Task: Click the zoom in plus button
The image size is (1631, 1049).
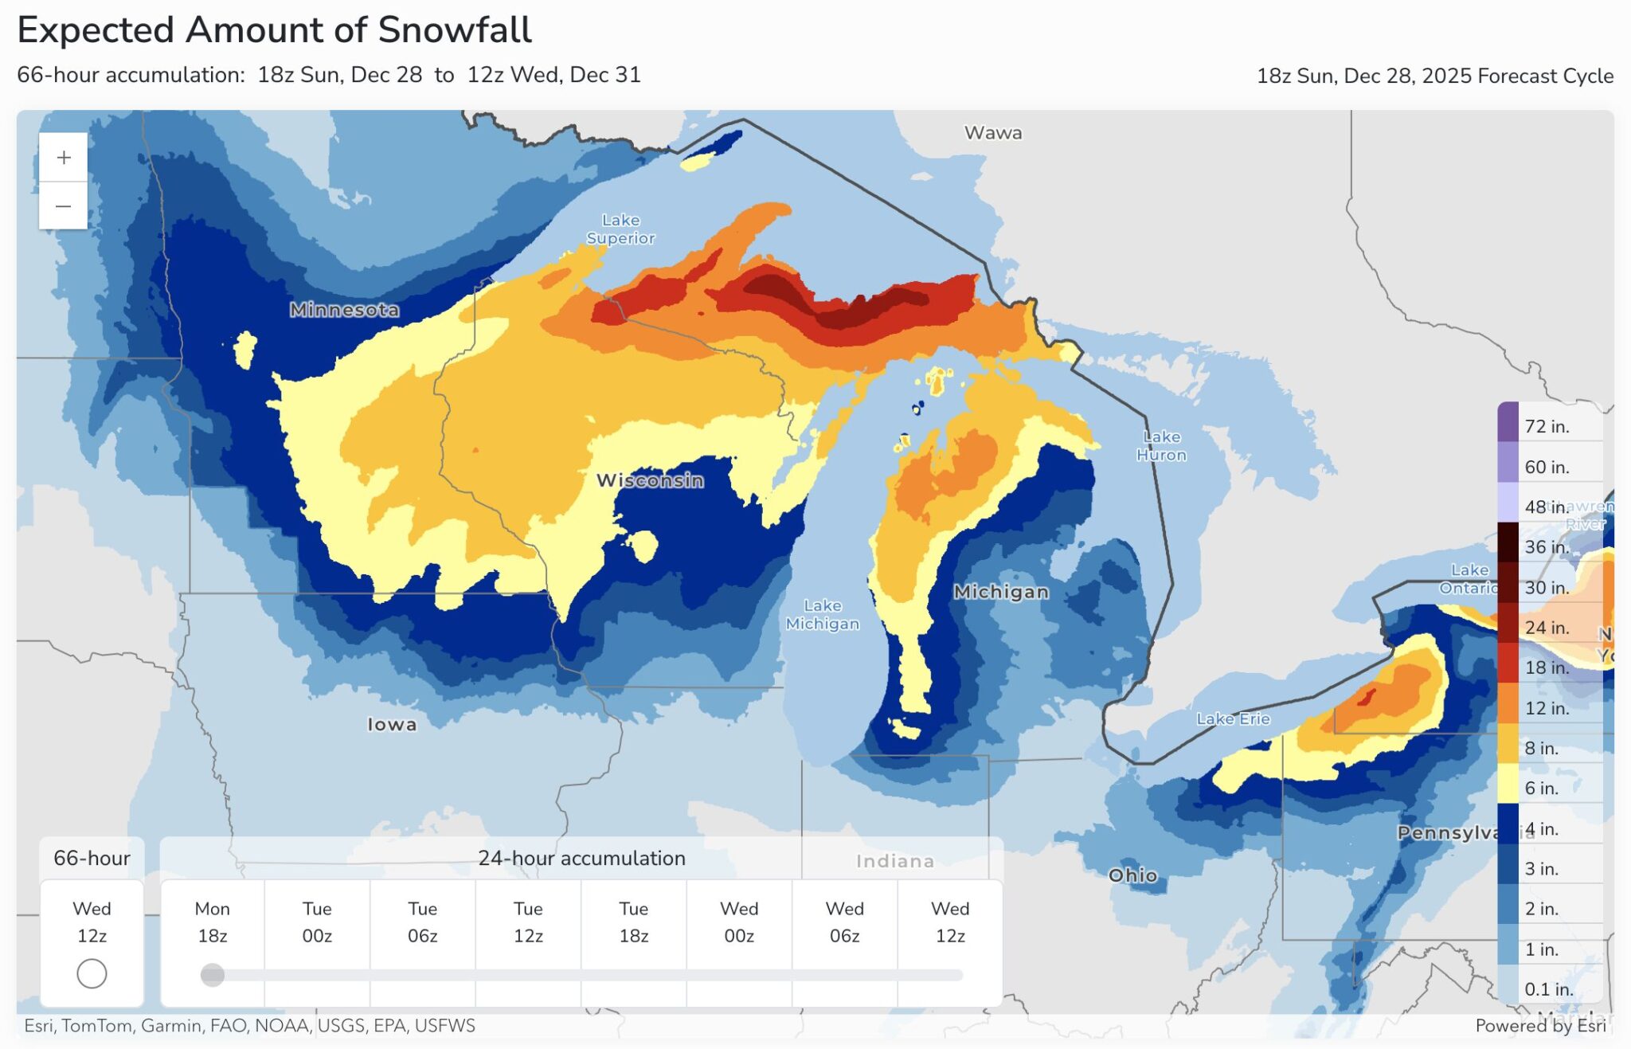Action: coord(64,158)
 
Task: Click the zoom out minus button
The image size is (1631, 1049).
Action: coord(64,206)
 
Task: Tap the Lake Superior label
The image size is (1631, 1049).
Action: coord(620,229)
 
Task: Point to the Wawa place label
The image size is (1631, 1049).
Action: coord(992,133)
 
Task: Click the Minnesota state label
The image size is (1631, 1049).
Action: coord(344,310)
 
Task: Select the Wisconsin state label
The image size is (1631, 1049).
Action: coord(650,480)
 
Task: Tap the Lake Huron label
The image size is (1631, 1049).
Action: coord(1161,445)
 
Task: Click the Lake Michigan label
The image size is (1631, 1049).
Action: coord(822,614)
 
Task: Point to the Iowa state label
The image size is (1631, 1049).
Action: coord(391,724)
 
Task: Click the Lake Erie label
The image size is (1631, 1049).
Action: coord(1233,718)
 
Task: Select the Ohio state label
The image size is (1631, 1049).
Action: coord(1132,875)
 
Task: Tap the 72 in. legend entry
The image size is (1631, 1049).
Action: coord(1546,426)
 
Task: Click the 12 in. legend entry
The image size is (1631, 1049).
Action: coord(1546,708)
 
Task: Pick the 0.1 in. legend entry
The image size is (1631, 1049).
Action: coord(1548,989)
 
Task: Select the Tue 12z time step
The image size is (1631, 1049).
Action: coord(528,922)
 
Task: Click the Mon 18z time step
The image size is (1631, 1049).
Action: coord(212,922)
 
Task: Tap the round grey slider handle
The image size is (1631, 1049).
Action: coord(212,975)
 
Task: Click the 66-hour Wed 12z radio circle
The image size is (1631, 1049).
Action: coord(92,973)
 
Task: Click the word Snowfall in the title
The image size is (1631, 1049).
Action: coord(454,30)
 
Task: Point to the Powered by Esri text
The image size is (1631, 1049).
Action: coord(1540,1026)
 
